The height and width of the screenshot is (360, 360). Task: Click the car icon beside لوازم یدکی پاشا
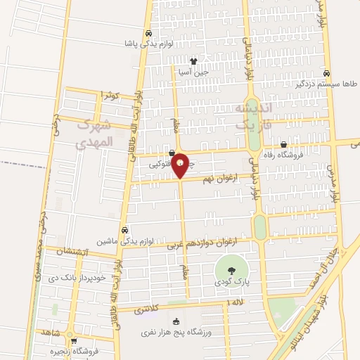coord(148,33)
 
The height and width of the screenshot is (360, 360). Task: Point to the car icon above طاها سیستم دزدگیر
coord(326,72)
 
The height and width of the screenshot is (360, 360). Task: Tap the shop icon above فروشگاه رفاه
coord(283,144)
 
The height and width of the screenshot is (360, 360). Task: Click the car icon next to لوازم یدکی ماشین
coord(124,230)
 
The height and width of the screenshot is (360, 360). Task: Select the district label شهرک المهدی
coord(93,134)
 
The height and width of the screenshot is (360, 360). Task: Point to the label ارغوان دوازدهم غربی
coord(208,243)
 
